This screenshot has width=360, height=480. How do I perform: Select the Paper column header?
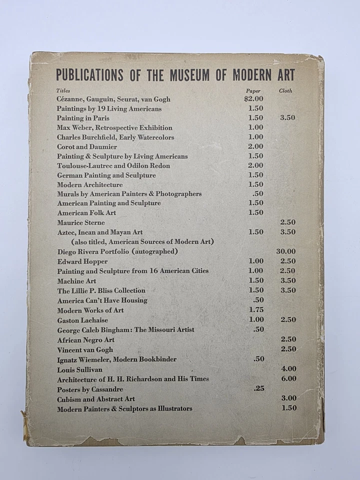coord(253,91)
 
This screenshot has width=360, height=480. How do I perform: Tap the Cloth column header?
coord(285,91)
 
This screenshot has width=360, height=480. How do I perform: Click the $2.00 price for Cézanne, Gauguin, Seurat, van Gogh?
coord(253,99)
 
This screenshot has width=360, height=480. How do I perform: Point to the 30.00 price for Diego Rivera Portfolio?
coord(285,251)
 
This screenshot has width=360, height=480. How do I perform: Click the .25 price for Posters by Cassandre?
coord(258,388)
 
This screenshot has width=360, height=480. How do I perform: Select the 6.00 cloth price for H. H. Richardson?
coord(288,378)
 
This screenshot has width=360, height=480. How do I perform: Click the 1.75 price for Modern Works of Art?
coord(255,310)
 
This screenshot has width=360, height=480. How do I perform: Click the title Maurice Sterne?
coord(80,222)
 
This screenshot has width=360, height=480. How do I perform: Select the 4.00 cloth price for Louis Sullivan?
coord(288,369)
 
